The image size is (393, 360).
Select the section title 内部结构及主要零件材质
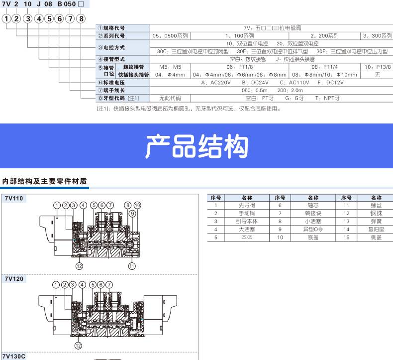coord(45,181)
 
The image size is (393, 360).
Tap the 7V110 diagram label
coord(14,198)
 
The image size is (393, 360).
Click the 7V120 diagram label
coord(14,279)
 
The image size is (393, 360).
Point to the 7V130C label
coord(15,356)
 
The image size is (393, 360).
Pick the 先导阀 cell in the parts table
coord(246,205)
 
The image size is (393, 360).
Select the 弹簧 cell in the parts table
coord(376,221)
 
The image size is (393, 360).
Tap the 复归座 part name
coord(376,230)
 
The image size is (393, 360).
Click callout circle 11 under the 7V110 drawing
coord(131,266)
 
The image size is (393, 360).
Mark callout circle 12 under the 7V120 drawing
coord(78,346)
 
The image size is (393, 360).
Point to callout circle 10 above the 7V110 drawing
coord(137,205)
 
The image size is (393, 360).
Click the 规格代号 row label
coord(111,28)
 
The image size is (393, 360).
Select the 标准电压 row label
coord(111,83)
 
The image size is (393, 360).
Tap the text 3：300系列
coord(378,36)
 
